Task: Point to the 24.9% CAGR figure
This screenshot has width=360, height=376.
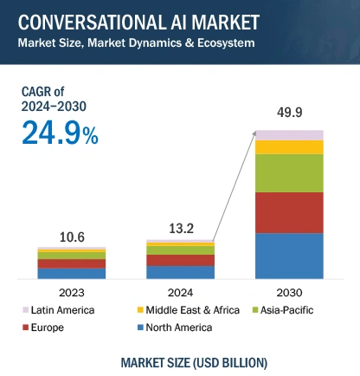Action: point(61,133)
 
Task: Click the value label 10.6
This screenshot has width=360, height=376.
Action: point(71,236)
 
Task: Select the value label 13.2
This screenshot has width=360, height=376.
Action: point(180,228)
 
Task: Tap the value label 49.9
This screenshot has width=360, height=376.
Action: point(289,114)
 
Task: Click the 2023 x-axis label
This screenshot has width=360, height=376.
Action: point(71,292)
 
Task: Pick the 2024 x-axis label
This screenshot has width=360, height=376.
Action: point(180,292)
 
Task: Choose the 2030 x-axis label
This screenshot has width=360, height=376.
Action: point(289,292)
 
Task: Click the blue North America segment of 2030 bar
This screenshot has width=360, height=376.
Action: point(289,256)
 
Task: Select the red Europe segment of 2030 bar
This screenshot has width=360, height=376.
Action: point(289,212)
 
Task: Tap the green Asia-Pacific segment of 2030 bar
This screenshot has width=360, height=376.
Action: point(289,172)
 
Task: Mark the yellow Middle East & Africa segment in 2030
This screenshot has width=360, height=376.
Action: point(289,147)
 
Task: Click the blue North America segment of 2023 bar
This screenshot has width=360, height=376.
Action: point(71,273)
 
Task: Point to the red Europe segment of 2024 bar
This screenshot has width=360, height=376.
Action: point(180,260)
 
